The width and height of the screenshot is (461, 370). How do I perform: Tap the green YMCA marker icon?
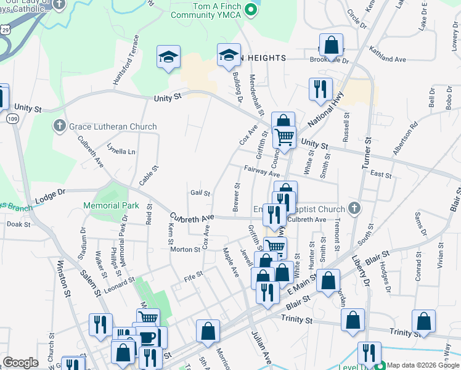250,10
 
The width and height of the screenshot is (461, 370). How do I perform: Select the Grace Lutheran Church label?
113,126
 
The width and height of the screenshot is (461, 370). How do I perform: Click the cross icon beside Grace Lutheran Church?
60,126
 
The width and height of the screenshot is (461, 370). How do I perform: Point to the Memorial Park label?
112,205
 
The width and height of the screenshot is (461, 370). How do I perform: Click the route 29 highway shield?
6,29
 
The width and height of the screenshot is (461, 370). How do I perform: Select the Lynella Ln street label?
121,150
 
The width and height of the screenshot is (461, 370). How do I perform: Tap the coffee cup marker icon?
148,337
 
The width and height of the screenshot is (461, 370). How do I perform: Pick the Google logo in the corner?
20,363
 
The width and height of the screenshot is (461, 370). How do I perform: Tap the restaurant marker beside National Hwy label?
320,89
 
